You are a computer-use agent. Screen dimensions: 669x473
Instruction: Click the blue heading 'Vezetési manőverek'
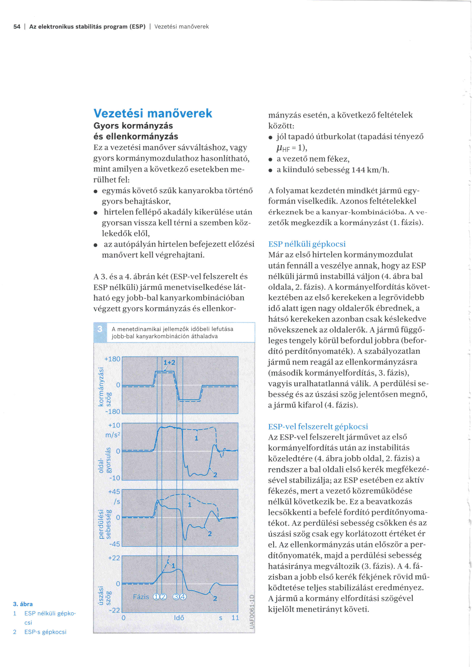[x=153, y=113]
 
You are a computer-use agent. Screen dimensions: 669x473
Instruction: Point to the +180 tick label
[x=112, y=359]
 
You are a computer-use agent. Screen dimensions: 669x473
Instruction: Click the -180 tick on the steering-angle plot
[x=113, y=411]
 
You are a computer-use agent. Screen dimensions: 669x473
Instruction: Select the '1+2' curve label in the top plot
[x=169, y=362]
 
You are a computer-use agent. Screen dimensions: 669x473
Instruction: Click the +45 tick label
[x=114, y=492]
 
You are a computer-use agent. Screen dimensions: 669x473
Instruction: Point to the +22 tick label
[x=114, y=558]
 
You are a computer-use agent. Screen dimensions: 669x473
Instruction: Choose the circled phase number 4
[x=183, y=597]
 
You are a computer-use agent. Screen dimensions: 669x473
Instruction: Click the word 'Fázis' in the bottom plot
[x=141, y=597]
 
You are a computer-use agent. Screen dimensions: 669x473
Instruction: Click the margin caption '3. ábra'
[x=23, y=604]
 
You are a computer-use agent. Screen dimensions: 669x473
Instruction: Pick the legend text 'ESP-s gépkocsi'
[x=45, y=632]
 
